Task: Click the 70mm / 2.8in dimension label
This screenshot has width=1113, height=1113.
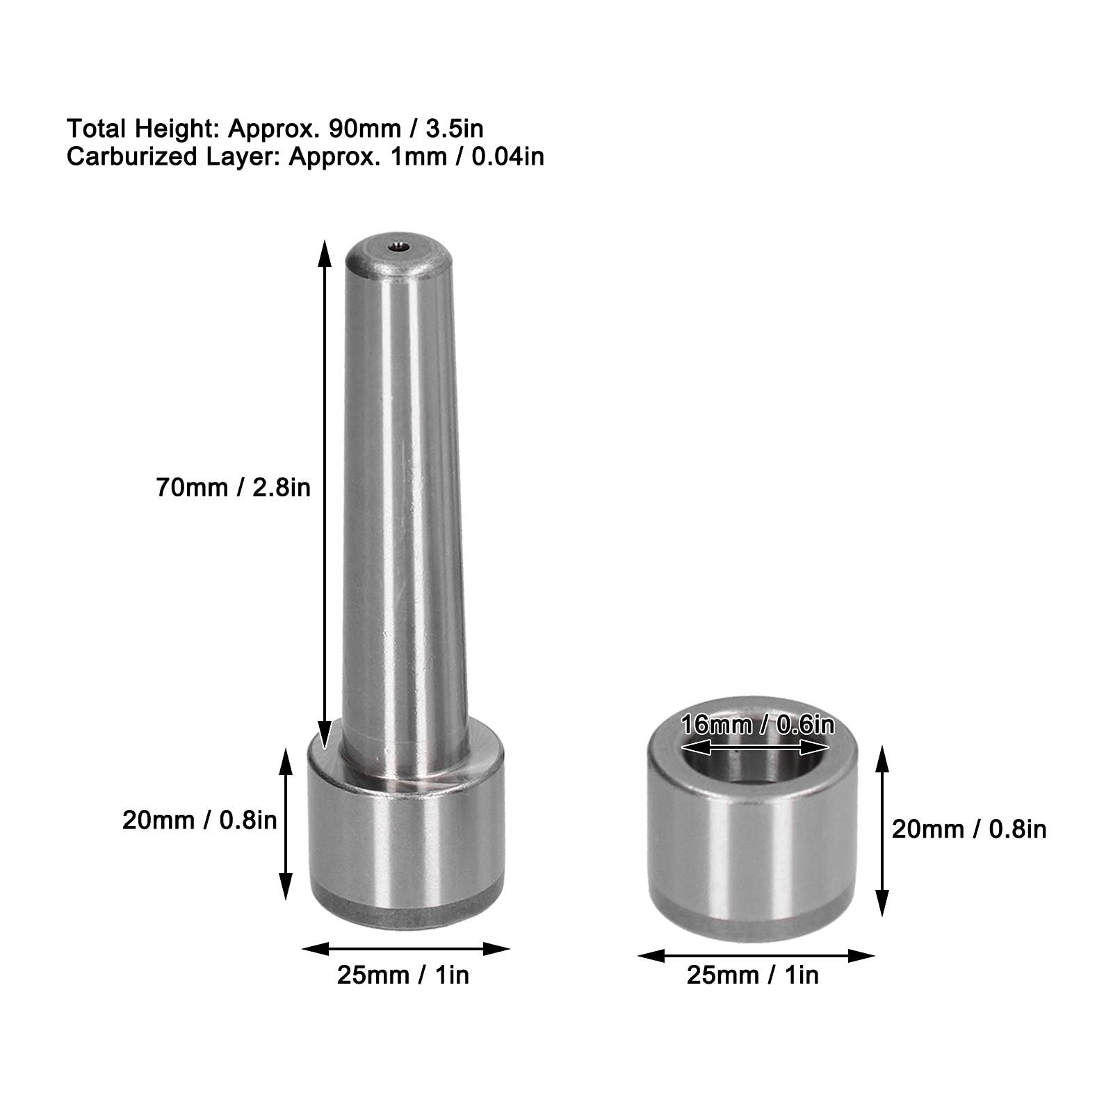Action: pyautogui.click(x=233, y=488)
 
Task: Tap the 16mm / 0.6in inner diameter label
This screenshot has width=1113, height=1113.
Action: pyautogui.click(x=757, y=725)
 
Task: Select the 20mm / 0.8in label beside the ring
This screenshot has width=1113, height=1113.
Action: pyautogui.click(x=968, y=829)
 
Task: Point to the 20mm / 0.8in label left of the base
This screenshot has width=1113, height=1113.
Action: pyautogui.click(x=200, y=820)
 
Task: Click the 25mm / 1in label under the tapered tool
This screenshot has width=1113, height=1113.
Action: pyautogui.click(x=403, y=975)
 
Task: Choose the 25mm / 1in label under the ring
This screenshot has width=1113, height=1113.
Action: pyautogui.click(x=753, y=975)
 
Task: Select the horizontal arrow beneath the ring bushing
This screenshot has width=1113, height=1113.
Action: pyautogui.click(x=756, y=957)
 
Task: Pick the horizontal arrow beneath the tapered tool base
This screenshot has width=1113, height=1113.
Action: pyautogui.click(x=406, y=948)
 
